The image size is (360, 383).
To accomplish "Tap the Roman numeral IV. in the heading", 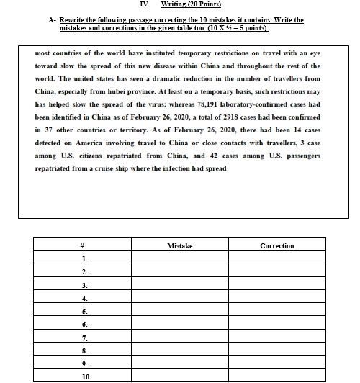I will (131, 5).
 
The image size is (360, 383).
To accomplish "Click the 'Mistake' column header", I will (179, 246).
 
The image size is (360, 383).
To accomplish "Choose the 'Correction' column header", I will (276, 246).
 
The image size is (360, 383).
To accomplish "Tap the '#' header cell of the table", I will (84, 246).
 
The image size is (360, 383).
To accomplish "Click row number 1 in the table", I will (84, 259).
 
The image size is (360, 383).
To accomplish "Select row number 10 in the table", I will (86, 376).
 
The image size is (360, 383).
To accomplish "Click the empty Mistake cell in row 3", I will (179, 285).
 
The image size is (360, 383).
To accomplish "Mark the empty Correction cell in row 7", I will (276, 337).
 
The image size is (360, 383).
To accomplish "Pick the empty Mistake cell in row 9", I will (179, 363).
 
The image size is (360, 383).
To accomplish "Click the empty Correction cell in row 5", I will (276, 311).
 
